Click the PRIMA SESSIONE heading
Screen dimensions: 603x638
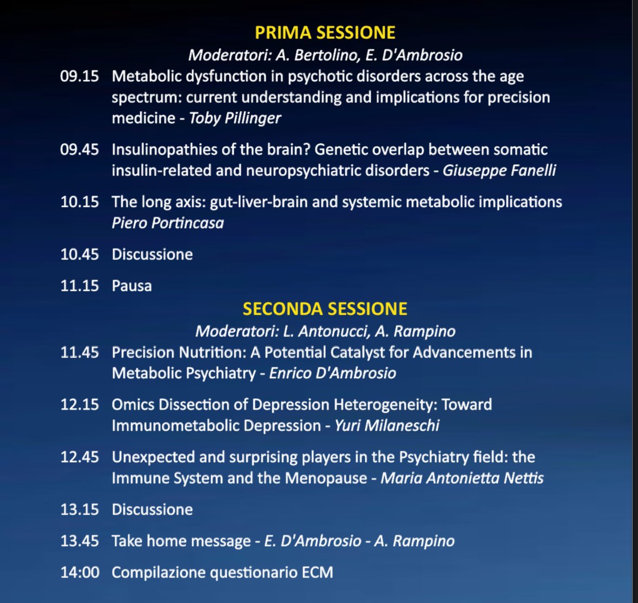pos(325,33)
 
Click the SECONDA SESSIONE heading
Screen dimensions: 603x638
pos(325,309)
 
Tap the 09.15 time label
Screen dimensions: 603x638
pos(80,76)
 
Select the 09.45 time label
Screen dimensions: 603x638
pos(80,150)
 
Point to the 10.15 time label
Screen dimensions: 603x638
pos(80,202)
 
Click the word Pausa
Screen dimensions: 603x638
pos(131,286)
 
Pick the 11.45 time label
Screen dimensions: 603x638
pos(80,353)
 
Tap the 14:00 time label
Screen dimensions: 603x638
pos(80,572)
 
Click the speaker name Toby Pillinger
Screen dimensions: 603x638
pos(235,118)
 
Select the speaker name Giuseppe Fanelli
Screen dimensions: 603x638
pos(499,171)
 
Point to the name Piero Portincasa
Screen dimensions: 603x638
pos(168,223)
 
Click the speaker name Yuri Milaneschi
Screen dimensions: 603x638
pos(387,425)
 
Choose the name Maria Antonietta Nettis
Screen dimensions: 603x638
pos(462,478)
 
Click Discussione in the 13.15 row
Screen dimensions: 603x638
pos(152,509)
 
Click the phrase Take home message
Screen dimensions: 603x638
pos(181,541)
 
